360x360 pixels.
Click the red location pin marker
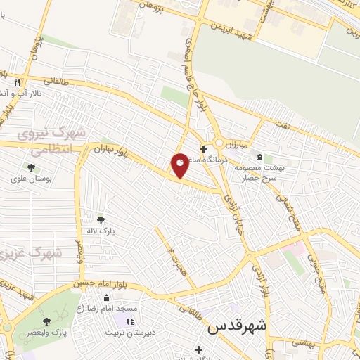click(180, 165)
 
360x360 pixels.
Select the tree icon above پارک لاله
click(101, 219)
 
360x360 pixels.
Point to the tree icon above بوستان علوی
click(31, 167)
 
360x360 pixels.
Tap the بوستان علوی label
click(28, 179)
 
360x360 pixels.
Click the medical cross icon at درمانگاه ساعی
click(203, 149)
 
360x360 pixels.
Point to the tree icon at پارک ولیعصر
click(46, 321)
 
